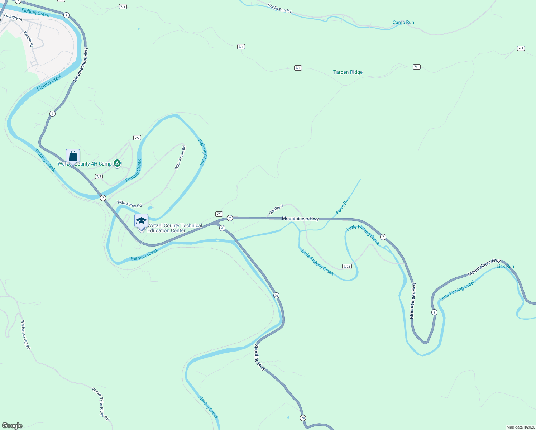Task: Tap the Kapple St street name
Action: [x=28, y=39]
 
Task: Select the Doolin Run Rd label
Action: [x=279, y=8]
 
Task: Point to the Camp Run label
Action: [x=403, y=22]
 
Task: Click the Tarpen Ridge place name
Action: [x=348, y=72]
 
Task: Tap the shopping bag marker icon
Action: [x=73, y=156]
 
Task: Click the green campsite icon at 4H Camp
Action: [x=117, y=163]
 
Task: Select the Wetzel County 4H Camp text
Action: [x=85, y=164]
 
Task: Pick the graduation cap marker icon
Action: [x=141, y=221]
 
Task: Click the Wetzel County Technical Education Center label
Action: [x=174, y=228]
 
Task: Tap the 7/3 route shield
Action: [x=219, y=214]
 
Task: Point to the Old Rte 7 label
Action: [x=276, y=209]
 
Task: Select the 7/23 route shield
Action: [x=346, y=266]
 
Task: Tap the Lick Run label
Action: [x=505, y=266]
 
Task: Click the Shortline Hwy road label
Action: [x=260, y=357]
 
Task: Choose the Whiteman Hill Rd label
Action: [x=25, y=335]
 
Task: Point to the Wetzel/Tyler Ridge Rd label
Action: [x=100, y=404]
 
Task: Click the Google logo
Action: [x=12, y=425]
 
